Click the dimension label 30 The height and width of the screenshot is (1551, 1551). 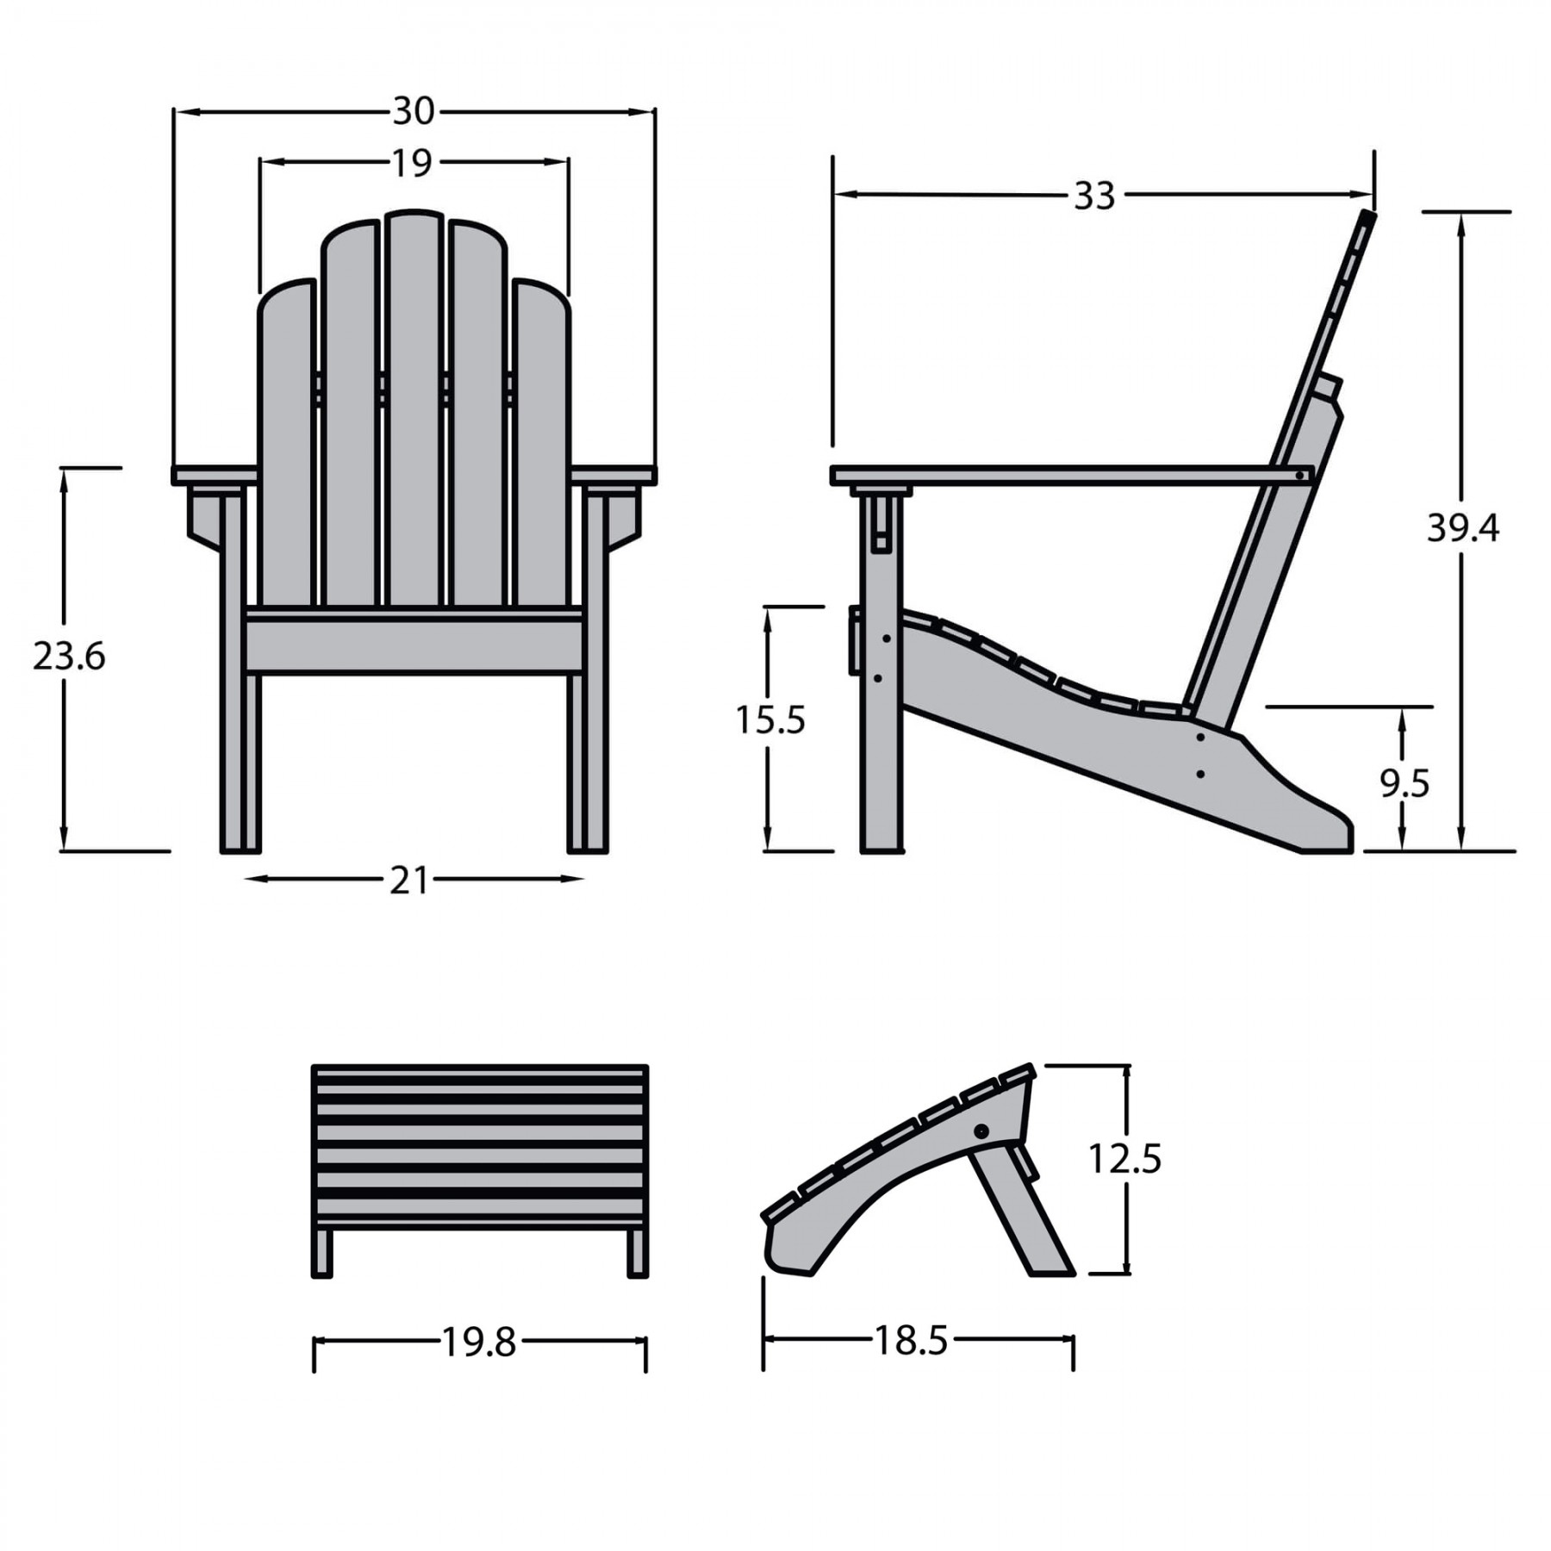pyautogui.click(x=414, y=111)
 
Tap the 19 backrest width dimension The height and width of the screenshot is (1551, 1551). pyautogui.click(x=412, y=163)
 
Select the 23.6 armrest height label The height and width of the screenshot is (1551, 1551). pyautogui.click(x=69, y=657)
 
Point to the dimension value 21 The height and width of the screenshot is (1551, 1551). pyautogui.click(x=408, y=881)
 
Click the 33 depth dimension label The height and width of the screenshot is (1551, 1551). pyautogui.click(x=1094, y=196)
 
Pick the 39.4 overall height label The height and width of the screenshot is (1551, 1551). pyautogui.click(x=1462, y=527)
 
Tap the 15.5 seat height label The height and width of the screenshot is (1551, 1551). pyautogui.click(x=769, y=719)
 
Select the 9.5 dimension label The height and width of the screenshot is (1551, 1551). pyautogui.click(x=1404, y=783)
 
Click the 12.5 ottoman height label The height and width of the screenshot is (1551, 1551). pyautogui.click(x=1124, y=1159)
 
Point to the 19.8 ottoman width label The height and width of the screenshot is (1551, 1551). pyautogui.click(x=478, y=1342)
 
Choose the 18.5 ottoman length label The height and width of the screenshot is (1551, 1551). pyautogui.click(x=911, y=1340)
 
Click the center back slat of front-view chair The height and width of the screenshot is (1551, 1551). pyautogui.click(x=414, y=414)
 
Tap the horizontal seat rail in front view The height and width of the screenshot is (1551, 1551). pyautogui.click(x=414, y=645)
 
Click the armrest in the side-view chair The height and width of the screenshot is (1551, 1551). pyautogui.click(x=1068, y=475)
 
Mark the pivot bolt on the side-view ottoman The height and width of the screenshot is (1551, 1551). pyautogui.click(x=981, y=1131)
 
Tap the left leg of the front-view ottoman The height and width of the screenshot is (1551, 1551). pyautogui.click(x=322, y=1252)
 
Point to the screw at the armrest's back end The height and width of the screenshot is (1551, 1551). pyautogui.click(x=1299, y=474)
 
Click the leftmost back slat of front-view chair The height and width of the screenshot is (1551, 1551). pyautogui.click(x=286, y=448)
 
